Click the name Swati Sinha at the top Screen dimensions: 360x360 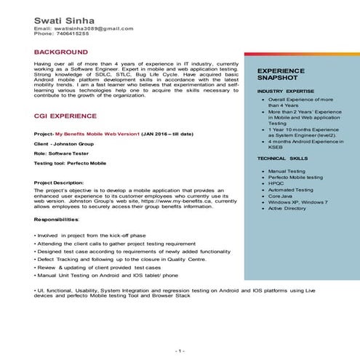tap(64, 18)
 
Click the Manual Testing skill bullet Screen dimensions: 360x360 tap(287, 170)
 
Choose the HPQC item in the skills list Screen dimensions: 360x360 tap(276, 183)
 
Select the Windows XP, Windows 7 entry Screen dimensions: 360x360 tap(298, 202)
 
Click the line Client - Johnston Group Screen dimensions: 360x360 tap(62, 145)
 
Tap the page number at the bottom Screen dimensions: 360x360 tap(180, 351)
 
